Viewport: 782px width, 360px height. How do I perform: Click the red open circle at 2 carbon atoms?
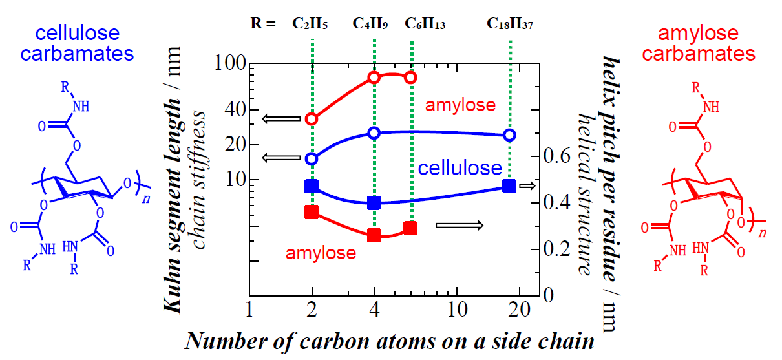coord(312,119)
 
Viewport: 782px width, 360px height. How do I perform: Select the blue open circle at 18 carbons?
coord(510,135)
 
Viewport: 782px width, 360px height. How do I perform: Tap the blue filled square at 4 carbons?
coord(374,203)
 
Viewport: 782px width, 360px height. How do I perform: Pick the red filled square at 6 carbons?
coord(410,228)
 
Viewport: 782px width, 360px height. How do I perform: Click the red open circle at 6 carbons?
coord(410,78)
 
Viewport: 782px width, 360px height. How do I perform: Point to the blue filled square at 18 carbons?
coord(510,186)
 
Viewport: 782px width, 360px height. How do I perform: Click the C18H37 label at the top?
coord(510,25)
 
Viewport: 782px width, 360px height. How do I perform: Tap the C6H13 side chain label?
coord(425,25)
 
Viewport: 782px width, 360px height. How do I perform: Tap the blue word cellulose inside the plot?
coord(460,169)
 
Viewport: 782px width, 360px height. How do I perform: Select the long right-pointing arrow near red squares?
coord(459,225)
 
